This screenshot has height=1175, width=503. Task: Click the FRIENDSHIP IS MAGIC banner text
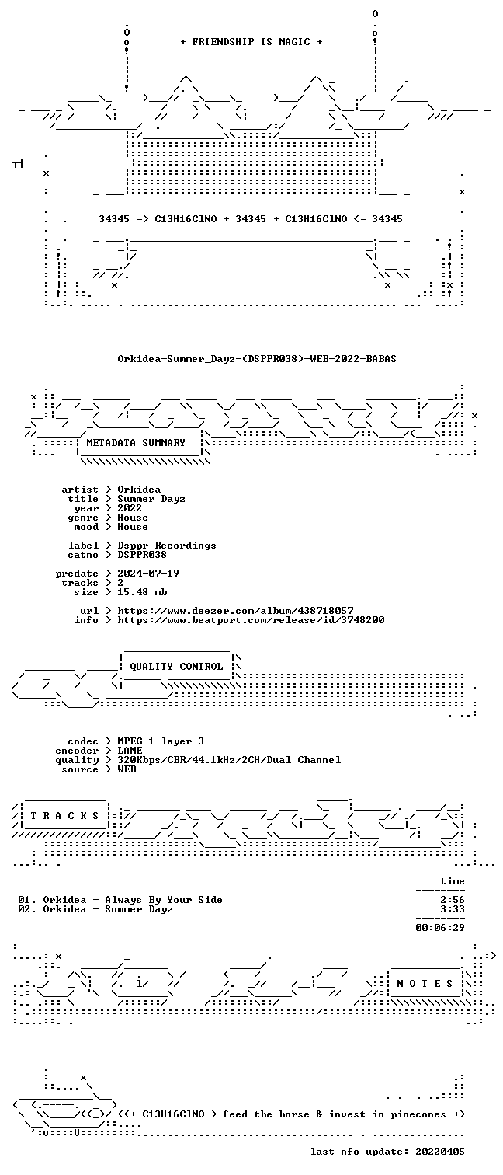click(x=251, y=41)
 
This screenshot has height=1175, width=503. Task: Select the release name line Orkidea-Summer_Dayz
click(x=257, y=359)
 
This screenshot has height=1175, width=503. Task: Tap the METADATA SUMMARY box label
click(x=136, y=443)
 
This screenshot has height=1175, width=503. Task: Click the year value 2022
click(x=130, y=507)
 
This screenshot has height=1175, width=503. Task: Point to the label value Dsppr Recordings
click(x=167, y=546)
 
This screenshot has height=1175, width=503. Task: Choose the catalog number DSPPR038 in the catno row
click(x=142, y=554)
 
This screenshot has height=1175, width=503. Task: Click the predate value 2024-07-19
click(x=148, y=574)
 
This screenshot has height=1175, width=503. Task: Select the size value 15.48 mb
click(x=142, y=591)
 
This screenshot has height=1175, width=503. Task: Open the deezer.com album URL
click(x=235, y=611)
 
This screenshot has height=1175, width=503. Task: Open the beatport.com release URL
click(x=251, y=620)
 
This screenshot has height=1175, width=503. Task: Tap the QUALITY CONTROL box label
click(x=176, y=666)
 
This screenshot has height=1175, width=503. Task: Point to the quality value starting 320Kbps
click(x=229, y=760)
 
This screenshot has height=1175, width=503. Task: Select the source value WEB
click(x=127, y=769)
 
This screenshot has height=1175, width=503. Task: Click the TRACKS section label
click(x=64, y=816)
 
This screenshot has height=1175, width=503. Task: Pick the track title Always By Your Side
click(x=164, y=900)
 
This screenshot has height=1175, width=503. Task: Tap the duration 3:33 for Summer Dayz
click(x=453, y=909)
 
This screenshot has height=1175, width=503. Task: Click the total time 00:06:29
click(x=440, y=927)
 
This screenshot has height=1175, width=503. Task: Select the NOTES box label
click(x=425, y=984)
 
